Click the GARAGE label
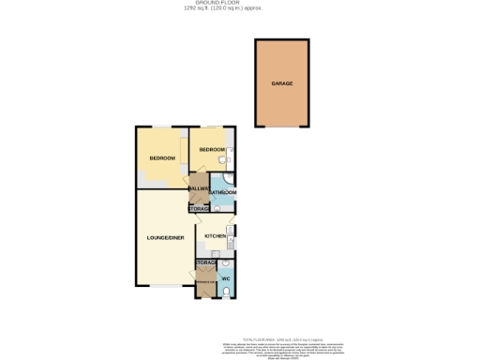click(282, 83)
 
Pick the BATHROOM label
click(222, 192)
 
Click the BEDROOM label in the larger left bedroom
click(163, 157)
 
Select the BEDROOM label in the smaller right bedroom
click(211, 150)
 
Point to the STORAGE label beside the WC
click(206, 262)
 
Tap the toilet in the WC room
click(228, 292)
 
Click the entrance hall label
click(205, 281)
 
